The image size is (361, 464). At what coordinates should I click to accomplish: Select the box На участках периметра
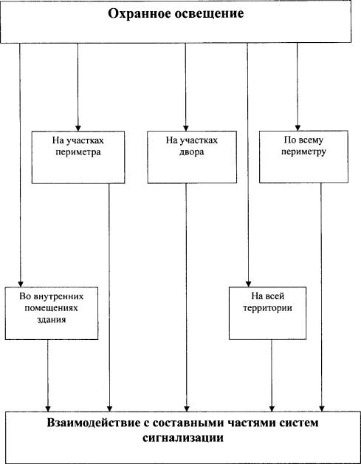pos(78,157)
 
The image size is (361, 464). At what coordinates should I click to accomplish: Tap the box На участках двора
pos(192,157)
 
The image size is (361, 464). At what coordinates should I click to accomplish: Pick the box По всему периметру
pos(303,157)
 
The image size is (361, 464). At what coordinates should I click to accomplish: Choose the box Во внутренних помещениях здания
pos(52,313)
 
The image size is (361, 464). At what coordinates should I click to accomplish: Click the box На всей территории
pos(267,313)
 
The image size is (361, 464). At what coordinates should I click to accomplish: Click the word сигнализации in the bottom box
pos(183,437)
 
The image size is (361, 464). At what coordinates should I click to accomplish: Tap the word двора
pos(192,153)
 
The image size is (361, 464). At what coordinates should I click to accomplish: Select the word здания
pos(52,320)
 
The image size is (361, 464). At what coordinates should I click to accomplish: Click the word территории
pos(267,308)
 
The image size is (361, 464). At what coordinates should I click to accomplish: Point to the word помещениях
pos(52,308)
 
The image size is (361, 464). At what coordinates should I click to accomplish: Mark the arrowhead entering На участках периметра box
pos(78,128)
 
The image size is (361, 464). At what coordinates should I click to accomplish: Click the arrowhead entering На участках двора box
pos(186,128)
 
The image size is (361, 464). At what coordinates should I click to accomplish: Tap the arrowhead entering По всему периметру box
pos(298,128)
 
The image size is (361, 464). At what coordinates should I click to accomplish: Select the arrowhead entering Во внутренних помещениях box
pos(21,284)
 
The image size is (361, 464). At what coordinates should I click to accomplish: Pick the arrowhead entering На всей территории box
pos(248,284)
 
